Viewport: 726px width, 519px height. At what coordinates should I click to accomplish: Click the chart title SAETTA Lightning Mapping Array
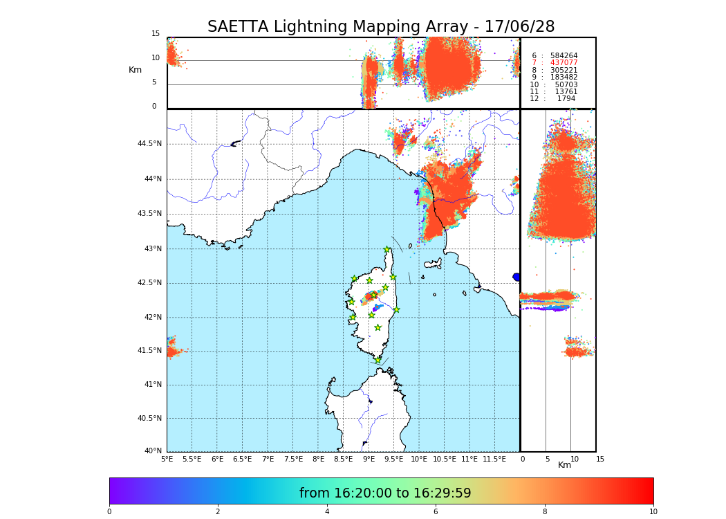tap(381, 27)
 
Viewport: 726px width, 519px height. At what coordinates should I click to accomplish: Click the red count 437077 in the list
tap(564, 63)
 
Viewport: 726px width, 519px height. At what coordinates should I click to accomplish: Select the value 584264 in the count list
tap(564, 55)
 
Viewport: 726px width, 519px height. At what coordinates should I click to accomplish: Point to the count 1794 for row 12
tap(566, 99)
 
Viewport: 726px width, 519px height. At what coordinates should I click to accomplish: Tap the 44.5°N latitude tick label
tap(149, 144)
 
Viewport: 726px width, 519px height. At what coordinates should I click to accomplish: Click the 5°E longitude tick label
tap(167, 459)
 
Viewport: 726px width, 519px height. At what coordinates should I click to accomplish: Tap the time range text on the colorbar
tap(385, 493)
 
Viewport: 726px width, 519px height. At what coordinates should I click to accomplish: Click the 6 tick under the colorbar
tap(436, 512)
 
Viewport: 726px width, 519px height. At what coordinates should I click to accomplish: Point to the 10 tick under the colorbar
tap(653, 512)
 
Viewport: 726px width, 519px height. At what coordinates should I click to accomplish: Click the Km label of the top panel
tap(135, 70)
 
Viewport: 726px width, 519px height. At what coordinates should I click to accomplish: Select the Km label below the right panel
tap(564, 466)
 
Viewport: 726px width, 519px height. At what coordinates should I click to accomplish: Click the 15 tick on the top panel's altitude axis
tap(156, 34)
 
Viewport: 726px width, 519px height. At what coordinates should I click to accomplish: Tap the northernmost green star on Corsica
tap(387, 250)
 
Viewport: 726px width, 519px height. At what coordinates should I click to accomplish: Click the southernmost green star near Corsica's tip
tap(378, 360)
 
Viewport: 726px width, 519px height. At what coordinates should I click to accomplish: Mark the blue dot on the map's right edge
tap(516, 277)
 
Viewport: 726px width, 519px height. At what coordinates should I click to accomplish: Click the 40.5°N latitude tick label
tap(149, 419)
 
